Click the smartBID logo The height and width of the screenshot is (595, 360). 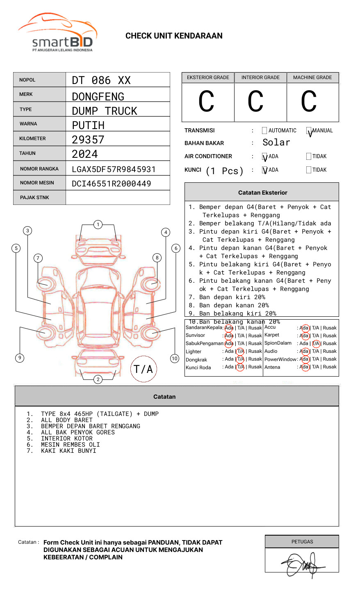(57, 33)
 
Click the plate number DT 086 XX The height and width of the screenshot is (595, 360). (101, 80)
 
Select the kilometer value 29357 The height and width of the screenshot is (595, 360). (88, 140)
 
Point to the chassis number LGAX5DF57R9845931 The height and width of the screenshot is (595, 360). (114, 169)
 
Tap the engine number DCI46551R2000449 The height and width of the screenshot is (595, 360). (111, 184)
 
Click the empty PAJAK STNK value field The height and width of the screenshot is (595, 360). (118, 198)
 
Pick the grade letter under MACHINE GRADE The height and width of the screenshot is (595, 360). (309, 102)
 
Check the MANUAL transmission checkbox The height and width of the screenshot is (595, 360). (309, 131)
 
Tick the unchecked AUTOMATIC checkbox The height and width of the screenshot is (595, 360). (264, 131)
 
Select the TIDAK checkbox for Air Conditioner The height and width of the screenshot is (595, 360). (309, 157)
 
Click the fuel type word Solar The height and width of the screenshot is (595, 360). (276, 143)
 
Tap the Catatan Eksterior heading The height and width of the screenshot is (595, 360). (262, 193)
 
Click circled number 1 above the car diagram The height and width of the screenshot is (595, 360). (98, 225)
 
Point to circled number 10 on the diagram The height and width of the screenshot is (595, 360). (175, 359)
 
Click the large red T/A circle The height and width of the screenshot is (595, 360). (144, 369)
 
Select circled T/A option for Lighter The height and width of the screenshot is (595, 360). (240, 352)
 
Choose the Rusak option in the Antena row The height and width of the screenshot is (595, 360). (330, 367)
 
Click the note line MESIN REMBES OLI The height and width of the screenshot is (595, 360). (70, 445)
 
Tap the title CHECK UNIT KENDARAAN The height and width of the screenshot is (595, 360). (174, 36)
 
